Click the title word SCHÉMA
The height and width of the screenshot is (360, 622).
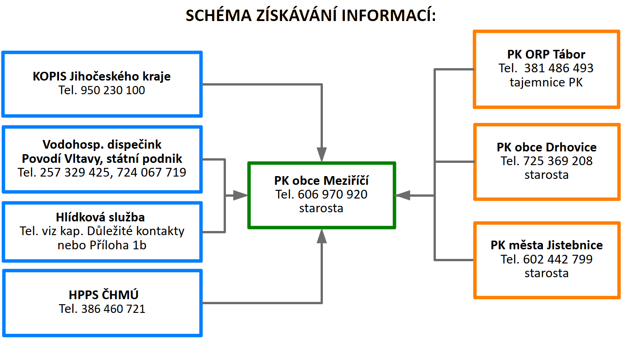(x=219, y=15)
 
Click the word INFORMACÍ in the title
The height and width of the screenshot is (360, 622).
(x=388, y=15)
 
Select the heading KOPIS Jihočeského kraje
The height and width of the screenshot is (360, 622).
(x=102, y=76)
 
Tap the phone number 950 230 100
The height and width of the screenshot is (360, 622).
(x=113, y=90)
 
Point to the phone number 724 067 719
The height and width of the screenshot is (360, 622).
(x=151, y=172)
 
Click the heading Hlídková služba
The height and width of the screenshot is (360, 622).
(x=100, y=217)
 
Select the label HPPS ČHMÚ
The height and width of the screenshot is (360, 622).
(x=103, y=295)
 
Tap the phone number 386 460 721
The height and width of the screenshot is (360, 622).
(x=113, y=309)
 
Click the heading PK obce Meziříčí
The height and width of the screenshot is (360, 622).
(x=321, y=181)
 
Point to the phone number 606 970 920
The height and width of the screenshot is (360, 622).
(x=332, y=194)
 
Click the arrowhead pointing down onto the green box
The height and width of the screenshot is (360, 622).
(x=322, y=155)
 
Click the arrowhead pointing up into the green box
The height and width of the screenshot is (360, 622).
(x=322, y=236)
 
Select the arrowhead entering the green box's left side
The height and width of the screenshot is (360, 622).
(x=241, y=195)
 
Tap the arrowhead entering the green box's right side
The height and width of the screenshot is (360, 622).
(x=402, y=195)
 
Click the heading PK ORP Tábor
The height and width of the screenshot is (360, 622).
(x=546, y=54)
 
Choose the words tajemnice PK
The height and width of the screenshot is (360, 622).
(x=546, y=82)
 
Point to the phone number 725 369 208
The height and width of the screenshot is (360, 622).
(x=558, y=161)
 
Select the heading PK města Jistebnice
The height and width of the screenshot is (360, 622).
(x=547, y=245)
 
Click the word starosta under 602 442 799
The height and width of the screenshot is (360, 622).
(x=547, y=274)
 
